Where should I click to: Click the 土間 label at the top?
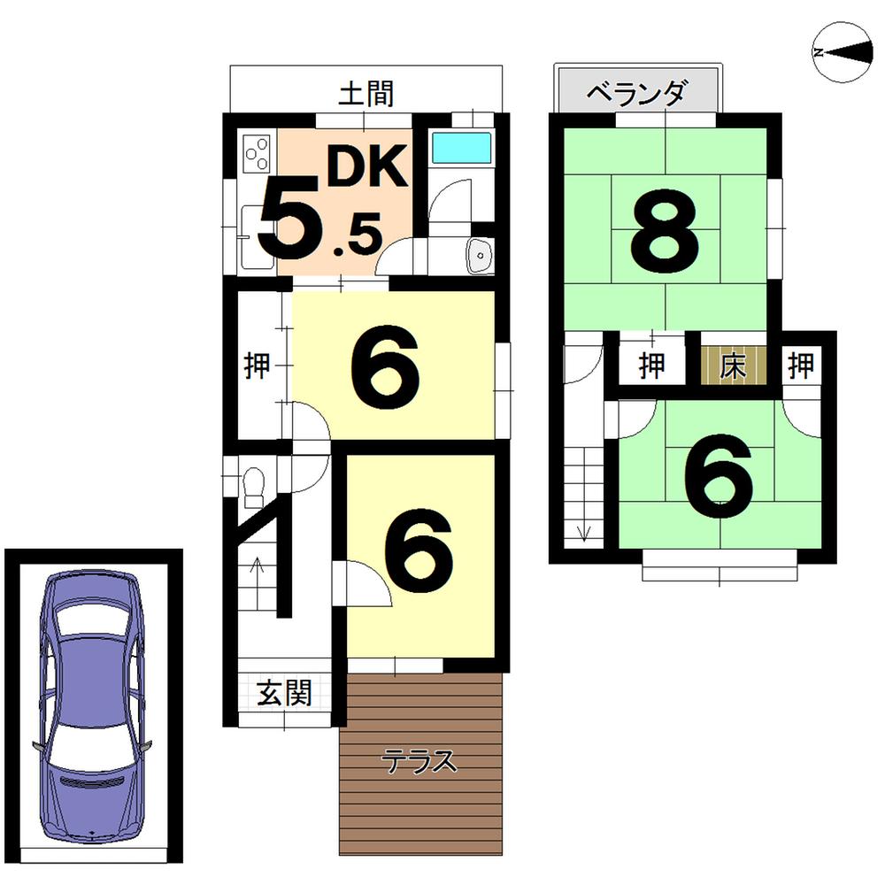point(366,93)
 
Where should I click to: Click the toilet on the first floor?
point(253,486)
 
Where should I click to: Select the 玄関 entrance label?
point(285,693)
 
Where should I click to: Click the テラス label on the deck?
point(419,762)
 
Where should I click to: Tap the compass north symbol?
point(841,53)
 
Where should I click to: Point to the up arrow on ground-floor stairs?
point(258,566)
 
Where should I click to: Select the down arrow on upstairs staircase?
point(583,530)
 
